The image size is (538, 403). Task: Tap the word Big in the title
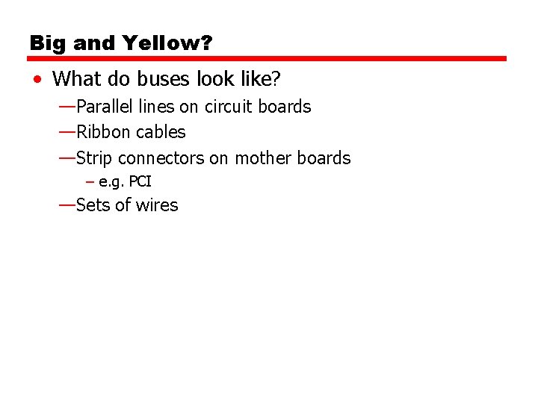(x=47, y=43)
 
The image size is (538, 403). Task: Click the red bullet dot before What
(x=37, y=78)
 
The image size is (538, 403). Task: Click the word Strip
(x=94, y=158)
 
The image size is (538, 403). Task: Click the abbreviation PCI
(x=140, y=181)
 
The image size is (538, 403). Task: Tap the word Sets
(x=92, y=205)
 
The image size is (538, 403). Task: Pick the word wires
(x=156, y=205)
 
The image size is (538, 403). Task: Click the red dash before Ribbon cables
(x=66, y=131)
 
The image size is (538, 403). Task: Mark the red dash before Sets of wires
(x=66, y=204)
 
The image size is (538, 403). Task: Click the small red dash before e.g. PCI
(x=90, y=181)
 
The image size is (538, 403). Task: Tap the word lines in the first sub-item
(x=155, y=107)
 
